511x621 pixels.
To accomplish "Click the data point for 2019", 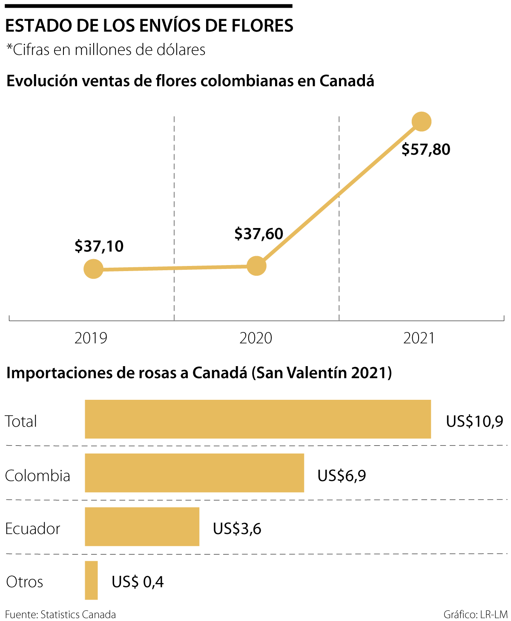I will [x=93, y=269].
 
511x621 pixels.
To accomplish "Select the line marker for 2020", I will [x=256, y=266].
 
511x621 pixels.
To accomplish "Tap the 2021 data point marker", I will [x=422, y=121].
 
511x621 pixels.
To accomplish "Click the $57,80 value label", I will [x=426, y=150].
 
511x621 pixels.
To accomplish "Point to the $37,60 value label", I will [x=259, y=234].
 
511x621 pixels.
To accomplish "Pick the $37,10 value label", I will [x=99, y=246].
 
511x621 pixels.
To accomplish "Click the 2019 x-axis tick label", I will [x=91, y=338].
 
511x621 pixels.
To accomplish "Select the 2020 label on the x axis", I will [x=256, y=338].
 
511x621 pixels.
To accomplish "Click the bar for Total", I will [x=258, y=419].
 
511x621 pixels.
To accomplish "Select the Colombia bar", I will [x=194, y=473].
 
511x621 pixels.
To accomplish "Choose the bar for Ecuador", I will [x=142, y=526].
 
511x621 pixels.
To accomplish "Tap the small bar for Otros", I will [x=91, y=580].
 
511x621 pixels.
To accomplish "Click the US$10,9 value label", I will [x=474, y=422].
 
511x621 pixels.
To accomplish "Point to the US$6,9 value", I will [x=342, y=475].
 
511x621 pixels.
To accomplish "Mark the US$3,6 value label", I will [x=237, y=529].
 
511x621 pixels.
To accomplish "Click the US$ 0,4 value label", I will [x=138, y=582].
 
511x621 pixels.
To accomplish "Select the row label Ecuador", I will [x=33, y=529].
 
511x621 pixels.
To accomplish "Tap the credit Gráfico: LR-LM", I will [x=475, y=615].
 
